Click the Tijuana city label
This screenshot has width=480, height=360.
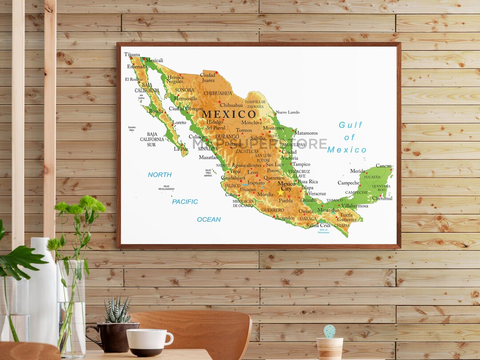coord(132,55)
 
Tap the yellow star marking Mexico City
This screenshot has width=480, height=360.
coord(280,193)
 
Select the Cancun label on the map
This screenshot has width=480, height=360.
coord(384,166)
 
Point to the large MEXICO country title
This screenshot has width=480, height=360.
coord(229,114)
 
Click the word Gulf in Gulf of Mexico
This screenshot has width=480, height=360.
coord(351,125)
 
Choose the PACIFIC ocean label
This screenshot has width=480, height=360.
coord(185,202)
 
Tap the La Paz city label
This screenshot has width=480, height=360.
coord(181,149)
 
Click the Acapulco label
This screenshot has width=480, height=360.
coord(285,218)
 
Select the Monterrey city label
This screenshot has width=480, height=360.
coord(273,128)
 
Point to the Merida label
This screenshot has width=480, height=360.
coord(357,171)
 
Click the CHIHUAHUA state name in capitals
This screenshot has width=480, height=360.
coord(218,93)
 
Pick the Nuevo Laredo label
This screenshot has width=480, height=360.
coord(288,112)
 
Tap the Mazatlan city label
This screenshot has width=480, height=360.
coord(208,157)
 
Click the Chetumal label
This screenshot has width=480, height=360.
coord(382,198)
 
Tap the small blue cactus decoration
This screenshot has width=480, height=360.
coord(329,331)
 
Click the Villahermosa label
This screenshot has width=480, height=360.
coord(355,206)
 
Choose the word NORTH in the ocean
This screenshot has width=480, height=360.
coord(160,175)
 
